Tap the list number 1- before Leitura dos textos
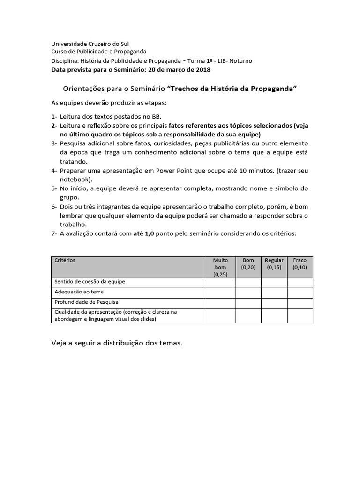point(54,116)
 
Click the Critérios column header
point(65,260)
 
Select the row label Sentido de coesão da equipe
point(90,282)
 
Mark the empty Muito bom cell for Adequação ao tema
point(220,292)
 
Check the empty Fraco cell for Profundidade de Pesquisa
point(300,303)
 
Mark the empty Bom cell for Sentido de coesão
point(248,282)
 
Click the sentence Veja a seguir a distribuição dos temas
point(116,343)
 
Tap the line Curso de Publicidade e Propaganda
point(98,52)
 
